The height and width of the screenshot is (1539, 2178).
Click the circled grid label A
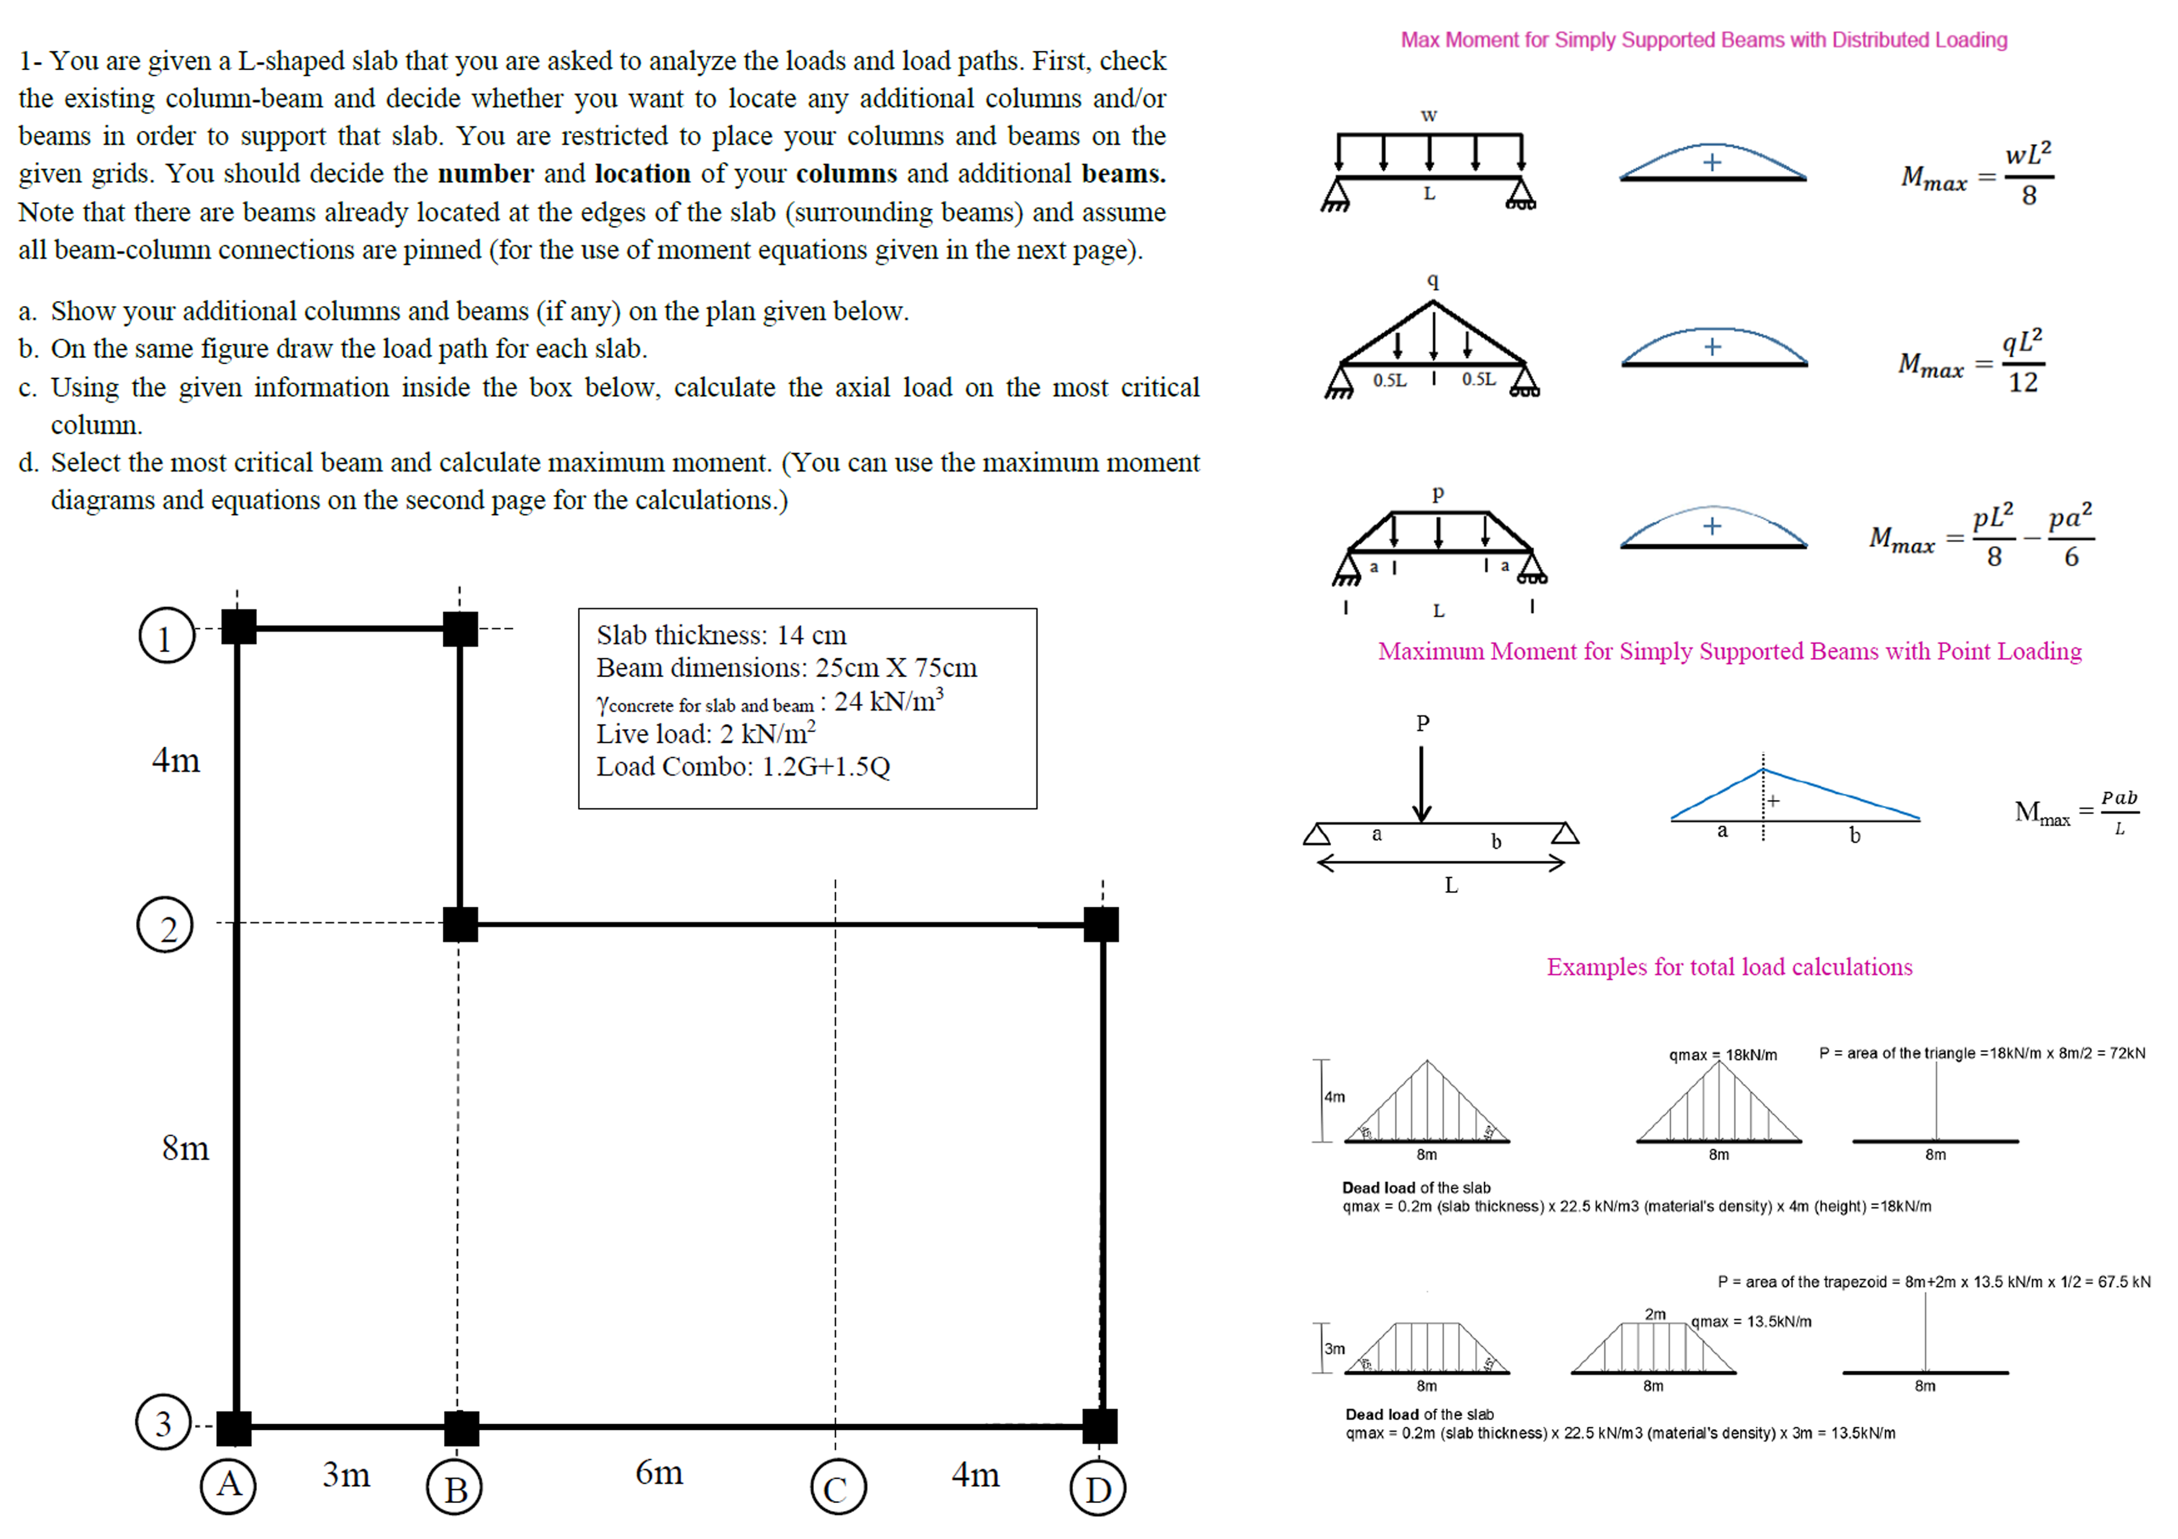click(228, 1486)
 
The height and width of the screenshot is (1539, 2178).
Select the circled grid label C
click(838, 1489)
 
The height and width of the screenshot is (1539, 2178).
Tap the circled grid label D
click(1098, 1489)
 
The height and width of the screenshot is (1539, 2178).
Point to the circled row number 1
click(167, 635)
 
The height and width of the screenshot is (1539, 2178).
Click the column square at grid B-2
click(460, 923)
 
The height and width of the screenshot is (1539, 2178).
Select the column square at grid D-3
click(1100, 1425)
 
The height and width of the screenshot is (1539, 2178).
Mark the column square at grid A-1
click(238, 627)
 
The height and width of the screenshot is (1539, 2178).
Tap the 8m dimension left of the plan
click(185, 1148)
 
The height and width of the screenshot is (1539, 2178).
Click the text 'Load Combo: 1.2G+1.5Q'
click(743, 766)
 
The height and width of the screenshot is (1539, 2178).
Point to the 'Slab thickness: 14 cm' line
click(721, 634)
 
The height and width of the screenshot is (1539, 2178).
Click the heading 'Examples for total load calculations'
click(1728, 967)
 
